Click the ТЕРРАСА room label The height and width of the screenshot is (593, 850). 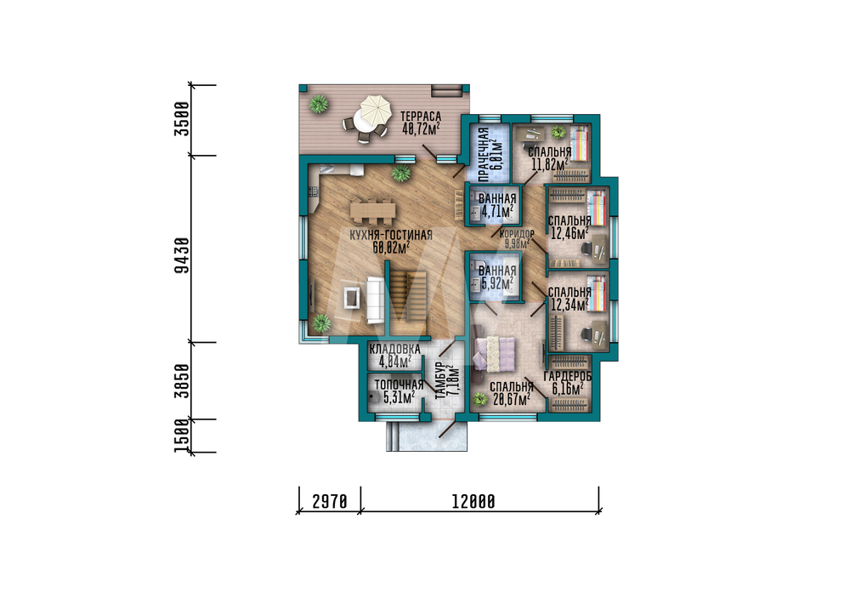tap(421, 116)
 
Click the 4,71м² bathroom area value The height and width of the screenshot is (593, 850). tap(497, 211)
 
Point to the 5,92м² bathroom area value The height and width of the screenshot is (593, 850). tap(497, 283)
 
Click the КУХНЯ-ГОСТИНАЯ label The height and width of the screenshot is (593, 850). tap(391, 235)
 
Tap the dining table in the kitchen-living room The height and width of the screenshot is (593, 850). tap(372, 210)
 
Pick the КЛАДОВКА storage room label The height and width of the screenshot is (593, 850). tap(394, 349)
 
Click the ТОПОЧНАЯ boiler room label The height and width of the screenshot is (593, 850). tap(399, 385)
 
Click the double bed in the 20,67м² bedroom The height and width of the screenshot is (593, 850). tap(495, 354)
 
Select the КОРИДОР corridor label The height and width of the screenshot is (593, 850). tap(517, 234)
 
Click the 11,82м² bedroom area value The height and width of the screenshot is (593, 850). tap(550, 164)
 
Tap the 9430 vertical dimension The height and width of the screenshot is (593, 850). tap(183, 255)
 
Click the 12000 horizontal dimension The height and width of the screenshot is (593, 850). tap(473, 502)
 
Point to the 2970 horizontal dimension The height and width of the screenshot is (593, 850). tap(330, 502)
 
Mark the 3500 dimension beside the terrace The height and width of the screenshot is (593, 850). tap(183, 119)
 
